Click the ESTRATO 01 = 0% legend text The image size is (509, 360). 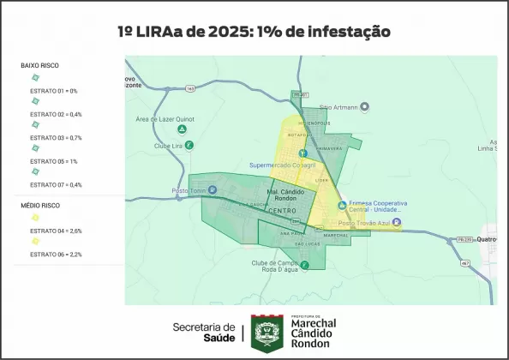pos(53,91)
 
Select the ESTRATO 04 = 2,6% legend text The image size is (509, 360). pos(56,231)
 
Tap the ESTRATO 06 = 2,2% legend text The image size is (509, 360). pos(56,255)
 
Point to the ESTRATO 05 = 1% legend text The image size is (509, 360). pos(53,161)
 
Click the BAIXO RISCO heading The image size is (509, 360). pos(39,65)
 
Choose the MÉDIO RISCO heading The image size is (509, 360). pos(39,206)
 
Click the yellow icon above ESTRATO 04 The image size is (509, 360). pos(35,218)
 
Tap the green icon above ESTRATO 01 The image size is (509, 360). pos(35,78)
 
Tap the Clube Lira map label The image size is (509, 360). pos(168,145)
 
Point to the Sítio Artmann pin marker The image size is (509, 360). pos(364,106)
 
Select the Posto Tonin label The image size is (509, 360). pos(190,190)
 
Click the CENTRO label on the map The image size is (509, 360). pos(282,211)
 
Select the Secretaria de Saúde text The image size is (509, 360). pos(203,332)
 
